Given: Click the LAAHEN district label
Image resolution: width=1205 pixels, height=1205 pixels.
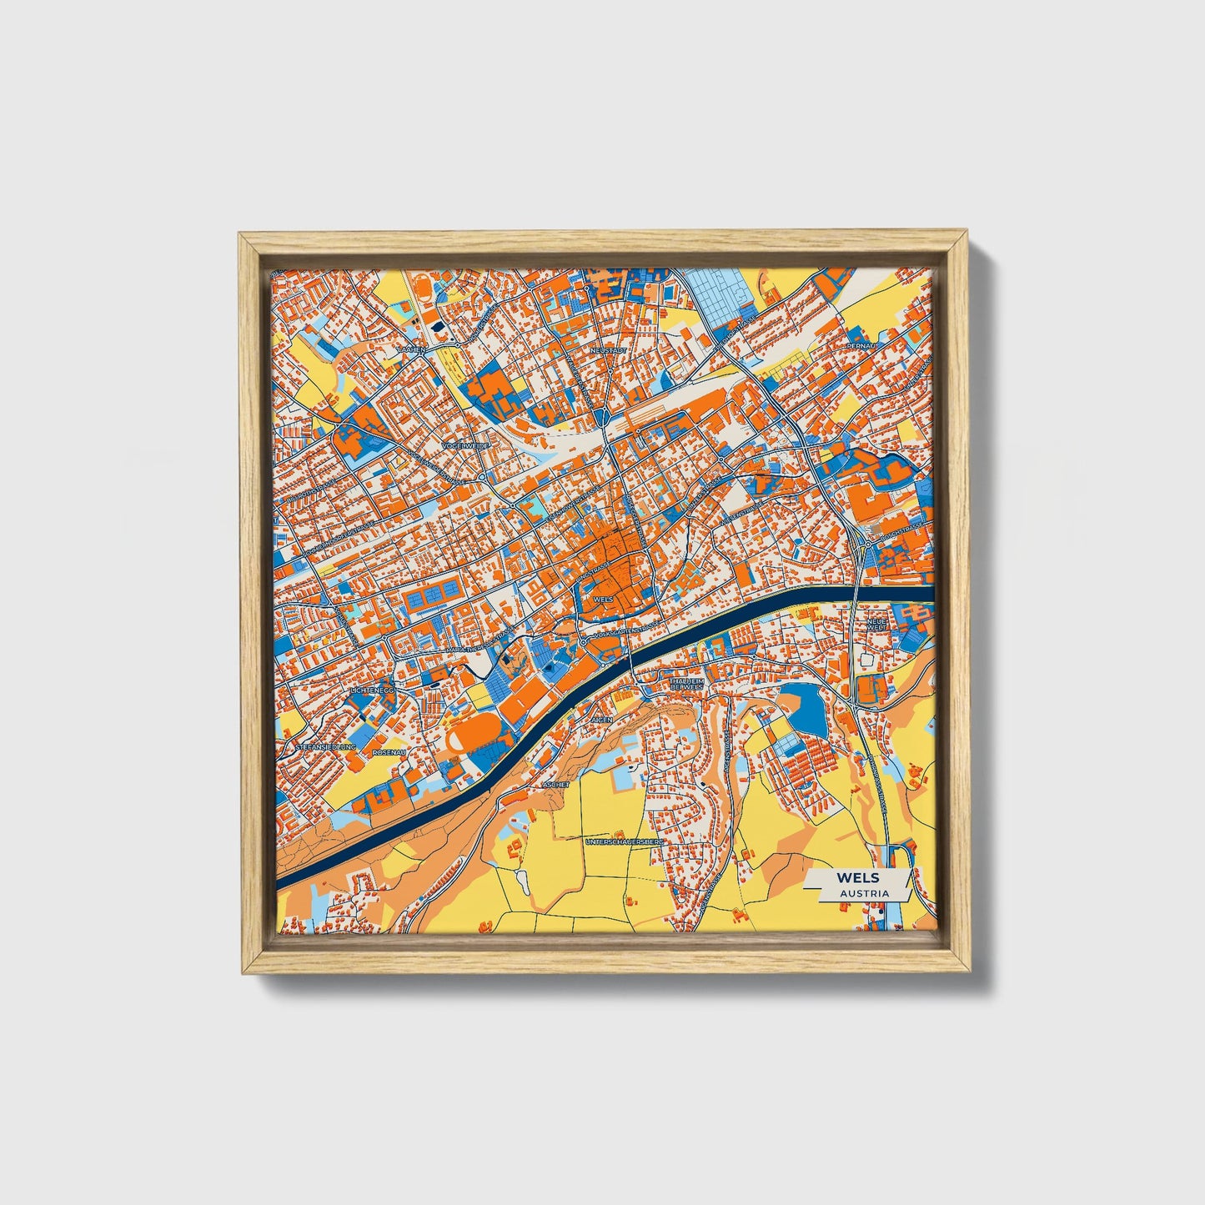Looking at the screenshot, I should [x=411, y=349].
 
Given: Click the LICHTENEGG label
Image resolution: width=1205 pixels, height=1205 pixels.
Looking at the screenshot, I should [x=372, y=691].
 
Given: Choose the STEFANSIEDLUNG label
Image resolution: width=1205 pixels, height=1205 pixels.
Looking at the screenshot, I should [x=325, y=748].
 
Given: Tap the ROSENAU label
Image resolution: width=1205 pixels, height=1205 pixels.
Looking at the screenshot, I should [x=389, y=752].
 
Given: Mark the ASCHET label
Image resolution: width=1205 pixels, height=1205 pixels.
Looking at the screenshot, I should [x=555, y=785].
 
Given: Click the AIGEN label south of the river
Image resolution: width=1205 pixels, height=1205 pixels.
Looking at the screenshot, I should [x=601, y=719].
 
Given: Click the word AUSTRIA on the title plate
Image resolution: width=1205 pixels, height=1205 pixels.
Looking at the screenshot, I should [x=864, y=893].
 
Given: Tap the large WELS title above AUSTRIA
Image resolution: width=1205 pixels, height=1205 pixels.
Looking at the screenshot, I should [x=859, y=878].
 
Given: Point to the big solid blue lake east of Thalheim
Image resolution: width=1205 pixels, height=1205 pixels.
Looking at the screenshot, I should [x=805, y=707].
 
